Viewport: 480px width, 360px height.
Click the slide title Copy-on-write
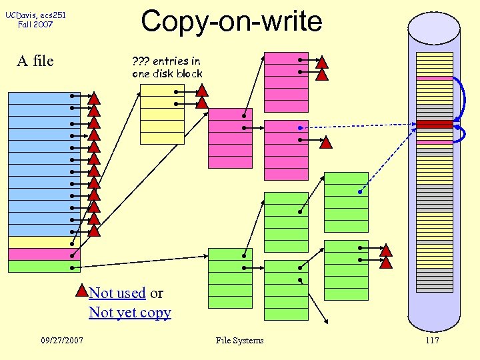pyautogui.click(x=231, y=21)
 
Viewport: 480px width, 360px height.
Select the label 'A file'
pyautogui.click(x=35, y=61)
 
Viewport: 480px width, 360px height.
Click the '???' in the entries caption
pyautogui.click(x=141, y=61)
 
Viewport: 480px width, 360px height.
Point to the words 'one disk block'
pyautogui.click(x=167, y=73)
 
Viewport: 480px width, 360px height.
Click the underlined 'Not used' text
pyautogui.click(x=117, y=293)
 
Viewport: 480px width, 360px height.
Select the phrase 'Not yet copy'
pyautogui.click(x=130, y=313)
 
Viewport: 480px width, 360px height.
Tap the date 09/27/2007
pyautogui.click(x=62, y=341)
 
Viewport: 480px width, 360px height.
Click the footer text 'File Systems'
pyautogui.click(x=239, y=341)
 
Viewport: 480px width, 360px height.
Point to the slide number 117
pyautogui.click(x=431, y=341)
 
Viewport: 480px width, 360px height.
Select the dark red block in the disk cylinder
pyautogui.click(x=434, y=124)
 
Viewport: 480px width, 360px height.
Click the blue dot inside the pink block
pyautogui.click(x=300, y=127)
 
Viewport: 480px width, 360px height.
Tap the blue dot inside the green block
pyautogui.click(x=359, y=192)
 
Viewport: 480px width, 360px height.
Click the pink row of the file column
pyautogui.click(x=44, y=254)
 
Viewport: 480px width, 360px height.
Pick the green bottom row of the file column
pyautogui.click(x=44, y=266)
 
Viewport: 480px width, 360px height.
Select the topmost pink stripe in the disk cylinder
pyautogui.click(x=434, y=78)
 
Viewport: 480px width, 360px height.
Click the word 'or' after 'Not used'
pyautogui.click(x=157, y=293)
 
